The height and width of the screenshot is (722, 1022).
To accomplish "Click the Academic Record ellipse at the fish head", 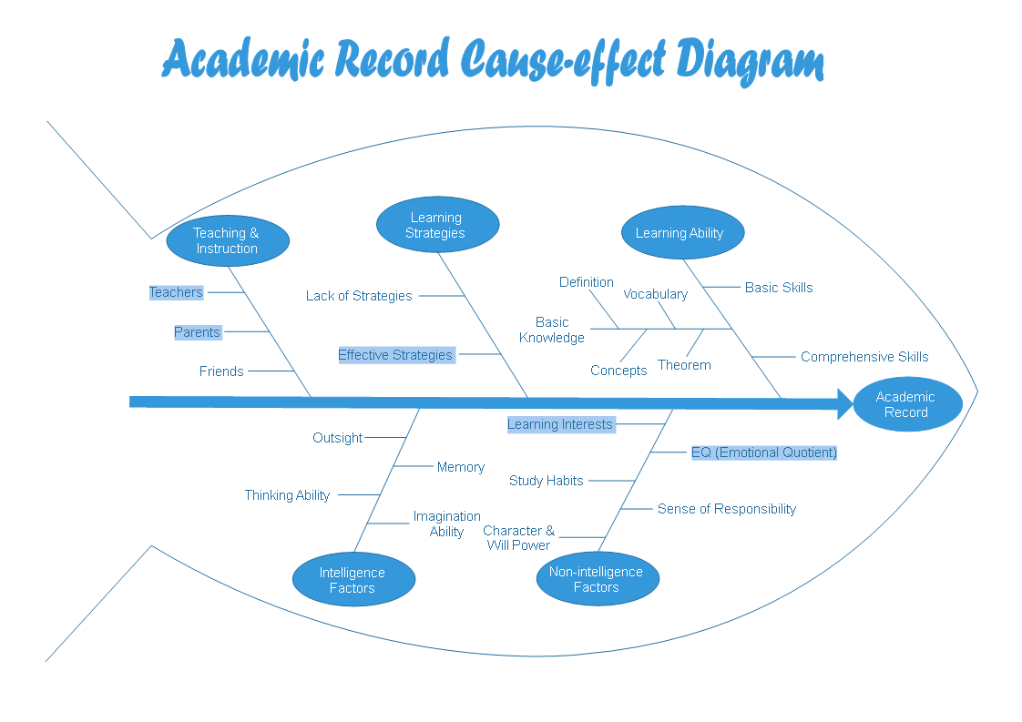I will click(907, 404).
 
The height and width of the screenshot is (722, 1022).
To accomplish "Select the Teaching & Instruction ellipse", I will click(228, 240).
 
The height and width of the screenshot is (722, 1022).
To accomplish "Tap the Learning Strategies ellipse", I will click(437, 225).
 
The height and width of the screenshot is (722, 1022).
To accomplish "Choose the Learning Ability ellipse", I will click(682, 232).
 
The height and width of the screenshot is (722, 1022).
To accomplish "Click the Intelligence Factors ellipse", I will click(353, 580).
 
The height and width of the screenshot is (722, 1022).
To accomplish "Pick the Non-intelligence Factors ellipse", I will click(598, 579).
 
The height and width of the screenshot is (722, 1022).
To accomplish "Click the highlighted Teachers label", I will click(177, 292).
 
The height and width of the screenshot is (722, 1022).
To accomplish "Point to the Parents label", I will click(198, 332).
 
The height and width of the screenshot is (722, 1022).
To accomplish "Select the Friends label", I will click(221, 371).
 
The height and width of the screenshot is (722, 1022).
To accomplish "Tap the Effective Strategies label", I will click(395, 355).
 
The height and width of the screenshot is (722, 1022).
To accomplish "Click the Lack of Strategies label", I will click(359, 296).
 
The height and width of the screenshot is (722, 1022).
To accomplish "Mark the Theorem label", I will click(684, 365).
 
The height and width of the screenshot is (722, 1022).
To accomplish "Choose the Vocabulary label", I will click(655, 294).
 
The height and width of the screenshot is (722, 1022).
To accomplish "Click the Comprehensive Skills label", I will click(864, 357).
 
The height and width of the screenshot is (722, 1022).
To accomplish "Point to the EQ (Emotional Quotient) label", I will click(763, 453).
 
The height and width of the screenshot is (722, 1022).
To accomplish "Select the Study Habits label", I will click(547, 481).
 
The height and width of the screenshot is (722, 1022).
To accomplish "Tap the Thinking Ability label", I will click(287, 495).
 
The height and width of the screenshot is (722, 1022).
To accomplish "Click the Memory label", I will click(461, 467).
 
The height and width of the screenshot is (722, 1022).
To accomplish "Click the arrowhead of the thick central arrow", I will click(844, 402).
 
